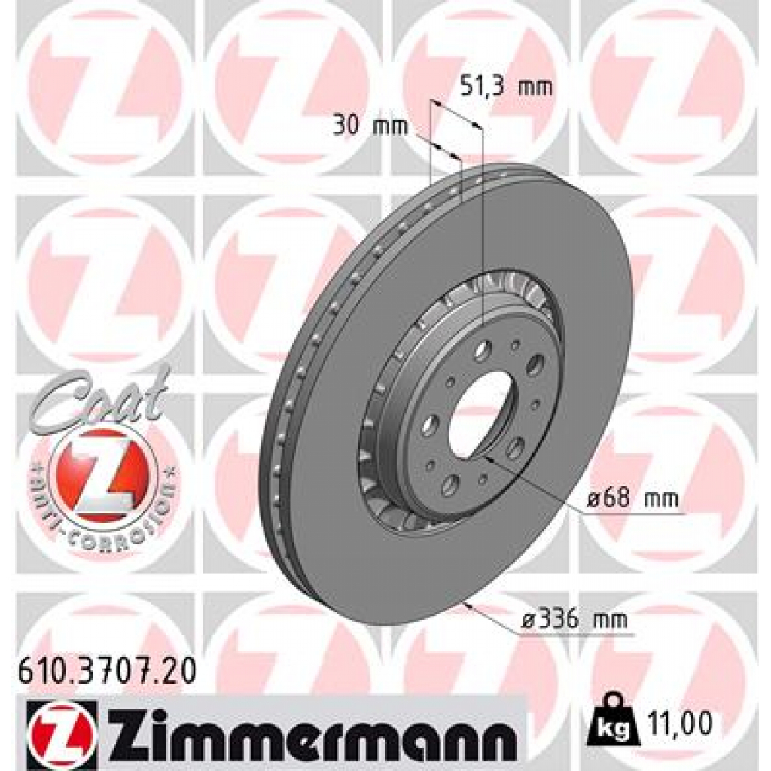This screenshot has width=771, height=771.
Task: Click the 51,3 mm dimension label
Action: tap(505, 87)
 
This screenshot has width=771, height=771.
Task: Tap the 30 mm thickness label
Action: tap(369, 126)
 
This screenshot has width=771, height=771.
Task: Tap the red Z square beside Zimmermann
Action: tap(61, 728)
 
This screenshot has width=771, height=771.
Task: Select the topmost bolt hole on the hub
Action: tap(483, 349)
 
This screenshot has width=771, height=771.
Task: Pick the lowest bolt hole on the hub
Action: tap(450, 482)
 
